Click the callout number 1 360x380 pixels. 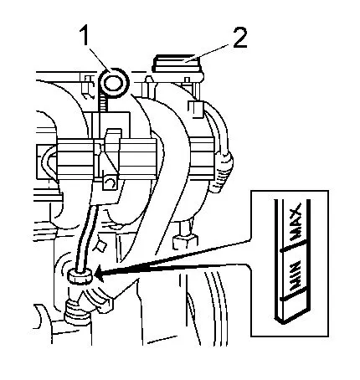click(85, 34)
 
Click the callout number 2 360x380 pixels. click(239, 39)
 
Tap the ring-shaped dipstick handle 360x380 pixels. click(115, 83)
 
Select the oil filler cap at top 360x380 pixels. click(177, 64)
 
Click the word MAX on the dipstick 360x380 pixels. click(296, 222)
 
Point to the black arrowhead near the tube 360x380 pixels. click(100, 274)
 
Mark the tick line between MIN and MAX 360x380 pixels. click(292, 247)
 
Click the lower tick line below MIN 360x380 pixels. click(292, 295)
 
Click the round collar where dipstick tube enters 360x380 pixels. click(80, 277)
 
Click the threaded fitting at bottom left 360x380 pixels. click(76, 311)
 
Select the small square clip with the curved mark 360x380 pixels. click(111, 182)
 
